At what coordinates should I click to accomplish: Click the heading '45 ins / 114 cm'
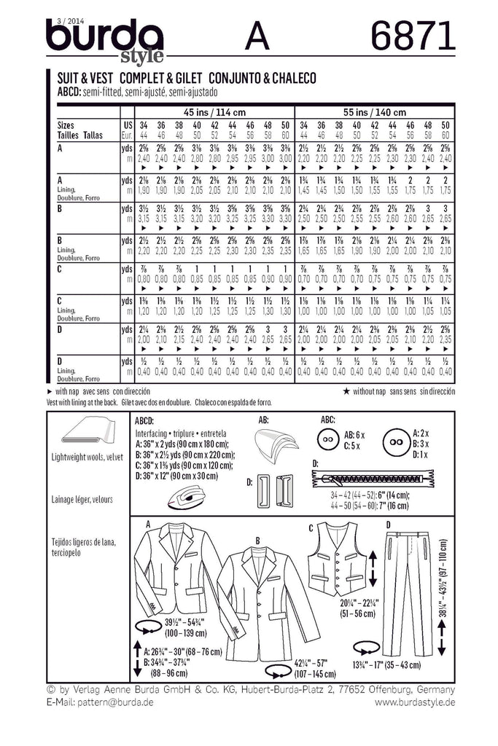click(207, 111)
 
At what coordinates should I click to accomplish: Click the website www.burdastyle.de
click(415, 702)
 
